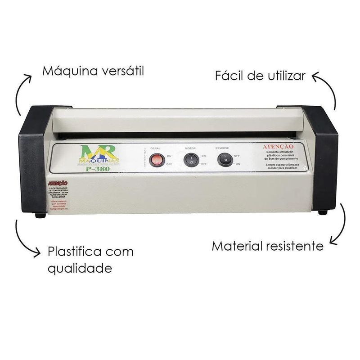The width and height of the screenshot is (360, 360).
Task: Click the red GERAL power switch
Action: [156, 159]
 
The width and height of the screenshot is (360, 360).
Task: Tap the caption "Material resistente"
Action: [267, 246]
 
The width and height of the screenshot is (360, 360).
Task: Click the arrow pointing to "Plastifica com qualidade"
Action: [25, 239]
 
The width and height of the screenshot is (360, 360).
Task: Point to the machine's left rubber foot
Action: [40, 216]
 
